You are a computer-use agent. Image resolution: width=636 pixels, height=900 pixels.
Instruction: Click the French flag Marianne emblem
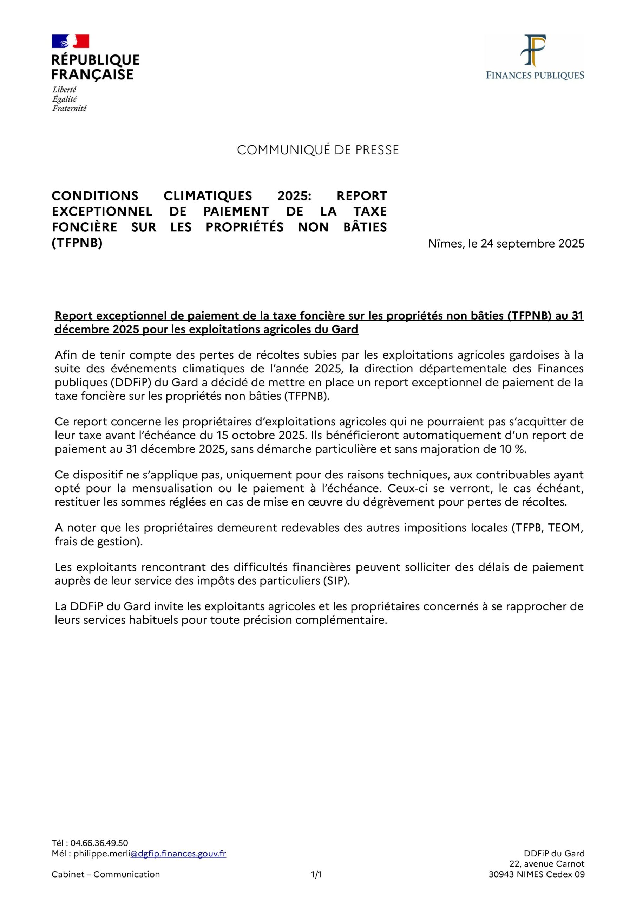click(71, 41)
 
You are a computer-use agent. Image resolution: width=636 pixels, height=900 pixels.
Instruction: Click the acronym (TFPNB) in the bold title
click(77, 243)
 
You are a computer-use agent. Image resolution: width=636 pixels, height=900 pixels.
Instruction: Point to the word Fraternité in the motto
click(69, 108)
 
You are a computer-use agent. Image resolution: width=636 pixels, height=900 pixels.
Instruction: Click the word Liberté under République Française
click(64, 89)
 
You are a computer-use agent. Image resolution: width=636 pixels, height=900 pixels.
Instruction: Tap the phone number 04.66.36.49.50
click(99, 843)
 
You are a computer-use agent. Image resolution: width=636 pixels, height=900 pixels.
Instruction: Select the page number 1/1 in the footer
click(316, 874)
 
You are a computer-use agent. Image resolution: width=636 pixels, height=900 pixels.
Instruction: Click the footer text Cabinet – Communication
click(106, 874)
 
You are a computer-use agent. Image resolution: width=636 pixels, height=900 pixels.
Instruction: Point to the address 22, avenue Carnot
click(547, 863)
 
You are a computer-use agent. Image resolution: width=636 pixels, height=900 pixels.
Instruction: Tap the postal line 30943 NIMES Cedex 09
click(536, 874)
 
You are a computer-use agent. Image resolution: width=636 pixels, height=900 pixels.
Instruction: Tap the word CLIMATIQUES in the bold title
click(208, 195)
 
